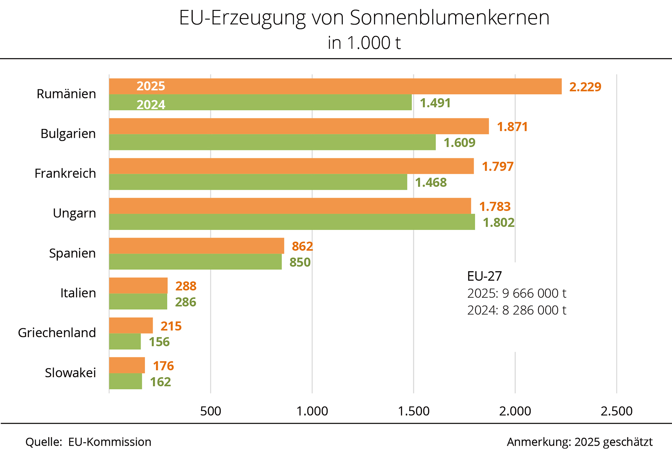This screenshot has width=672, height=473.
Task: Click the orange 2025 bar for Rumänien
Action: (335, 86)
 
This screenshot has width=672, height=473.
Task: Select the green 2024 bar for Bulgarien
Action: (272, 142)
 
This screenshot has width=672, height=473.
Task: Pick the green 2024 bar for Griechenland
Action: (125, 341)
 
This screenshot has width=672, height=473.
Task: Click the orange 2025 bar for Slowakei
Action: (127, 365)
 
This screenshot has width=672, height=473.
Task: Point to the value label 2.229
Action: (585, 87)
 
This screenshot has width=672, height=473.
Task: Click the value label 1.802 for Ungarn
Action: (498, 223)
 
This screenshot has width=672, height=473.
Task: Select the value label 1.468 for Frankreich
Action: (431, 183)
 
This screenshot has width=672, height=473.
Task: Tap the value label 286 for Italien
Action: (185, 302)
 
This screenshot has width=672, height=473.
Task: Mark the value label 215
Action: (171, 326)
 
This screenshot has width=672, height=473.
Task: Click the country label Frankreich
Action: (65, 173)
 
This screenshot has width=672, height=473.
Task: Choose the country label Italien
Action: (78, 293)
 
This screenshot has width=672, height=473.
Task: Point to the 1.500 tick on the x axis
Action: (413, 411)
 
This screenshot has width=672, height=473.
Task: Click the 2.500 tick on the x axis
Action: (616, 411)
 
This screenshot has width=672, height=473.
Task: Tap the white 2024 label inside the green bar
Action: (151, 105)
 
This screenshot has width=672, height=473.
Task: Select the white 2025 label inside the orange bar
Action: (151, 86)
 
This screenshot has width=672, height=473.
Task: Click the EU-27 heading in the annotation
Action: (484, 276)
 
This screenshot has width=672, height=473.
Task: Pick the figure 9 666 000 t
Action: (534, 293)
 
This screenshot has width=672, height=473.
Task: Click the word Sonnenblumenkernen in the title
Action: (449, 18)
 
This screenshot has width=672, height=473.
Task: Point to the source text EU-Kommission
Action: (110, 442)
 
